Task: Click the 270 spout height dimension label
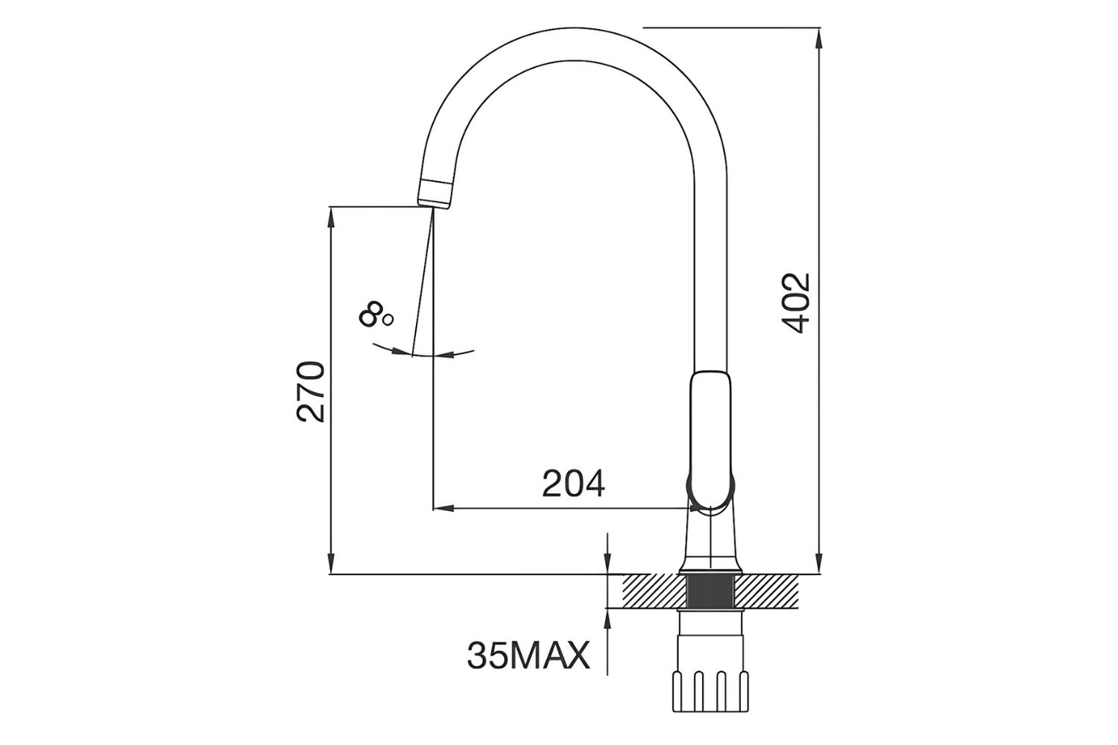click(312, 392)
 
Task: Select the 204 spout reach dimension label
click(573, 484)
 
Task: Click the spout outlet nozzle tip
click(435, 194)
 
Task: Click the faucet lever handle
click(711, 440)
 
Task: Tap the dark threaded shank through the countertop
click(711, 591)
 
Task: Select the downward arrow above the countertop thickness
click(608, 565)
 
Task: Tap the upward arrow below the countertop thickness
click(608, 618)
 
